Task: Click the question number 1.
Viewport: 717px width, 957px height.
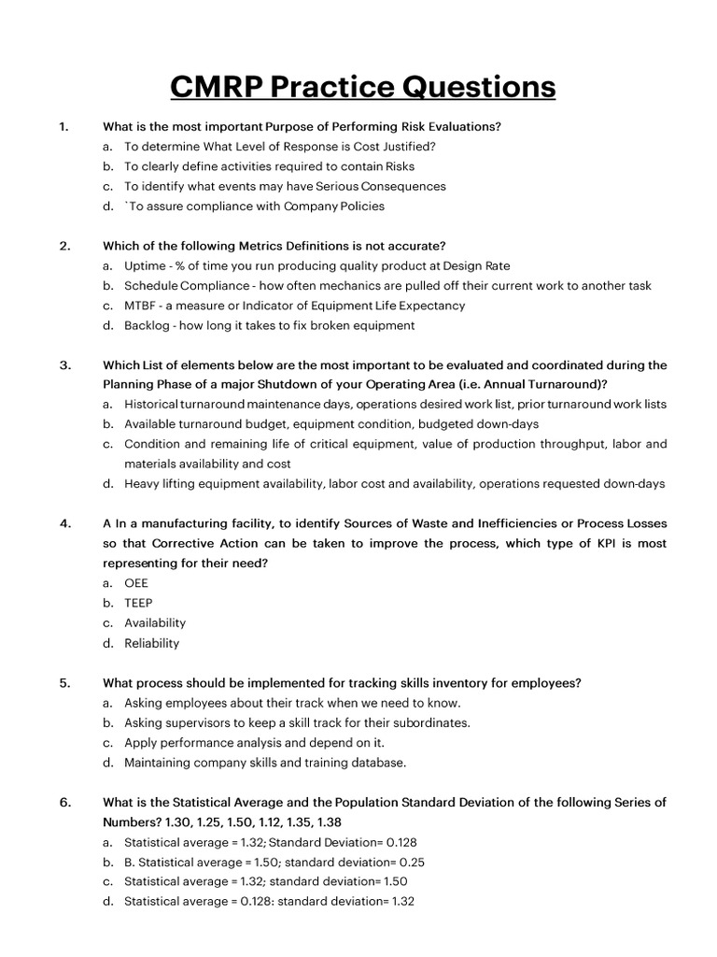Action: point(63,126)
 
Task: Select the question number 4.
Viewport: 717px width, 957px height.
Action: point(64,523)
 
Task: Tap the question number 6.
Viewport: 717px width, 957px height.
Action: point(64,802)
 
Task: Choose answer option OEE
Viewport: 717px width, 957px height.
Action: point(136,583)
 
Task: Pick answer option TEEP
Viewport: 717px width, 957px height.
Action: point(138,603)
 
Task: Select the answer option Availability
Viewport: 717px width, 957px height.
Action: point(155,622)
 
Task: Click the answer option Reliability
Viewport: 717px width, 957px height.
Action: point(152,643)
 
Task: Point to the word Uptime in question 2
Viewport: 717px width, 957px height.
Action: point(144,266)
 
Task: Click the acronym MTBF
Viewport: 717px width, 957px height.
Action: point(141,306)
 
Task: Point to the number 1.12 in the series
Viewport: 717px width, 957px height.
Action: point(280,822)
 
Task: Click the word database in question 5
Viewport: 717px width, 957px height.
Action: point(378,763)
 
